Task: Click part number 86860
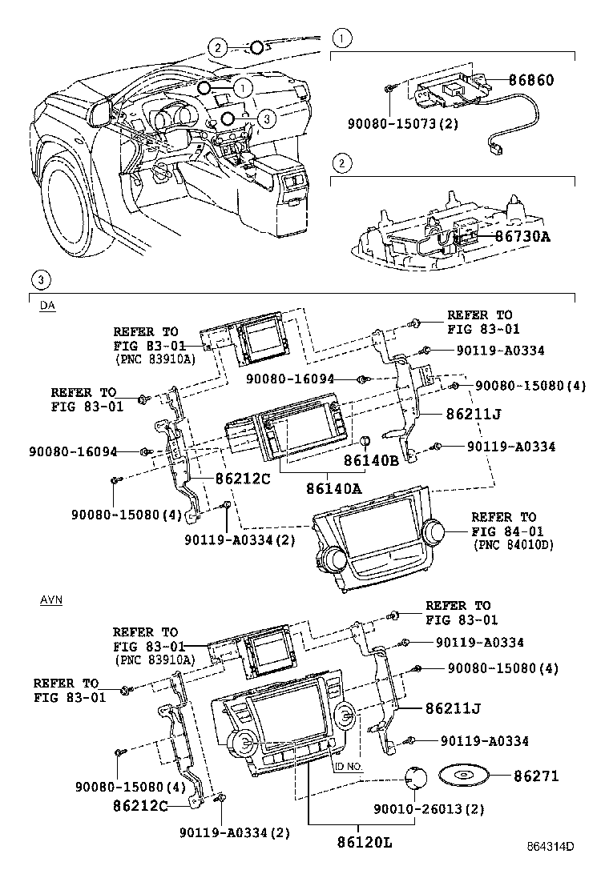tap(531, 81)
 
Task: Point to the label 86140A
tap(333, 487)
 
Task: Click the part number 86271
tap(536, 776)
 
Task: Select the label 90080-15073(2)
tap(403, 124)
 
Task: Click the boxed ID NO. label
tap(349, 766)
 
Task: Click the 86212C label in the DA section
tap(242, 479)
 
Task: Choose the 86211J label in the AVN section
tap(453, 708)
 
